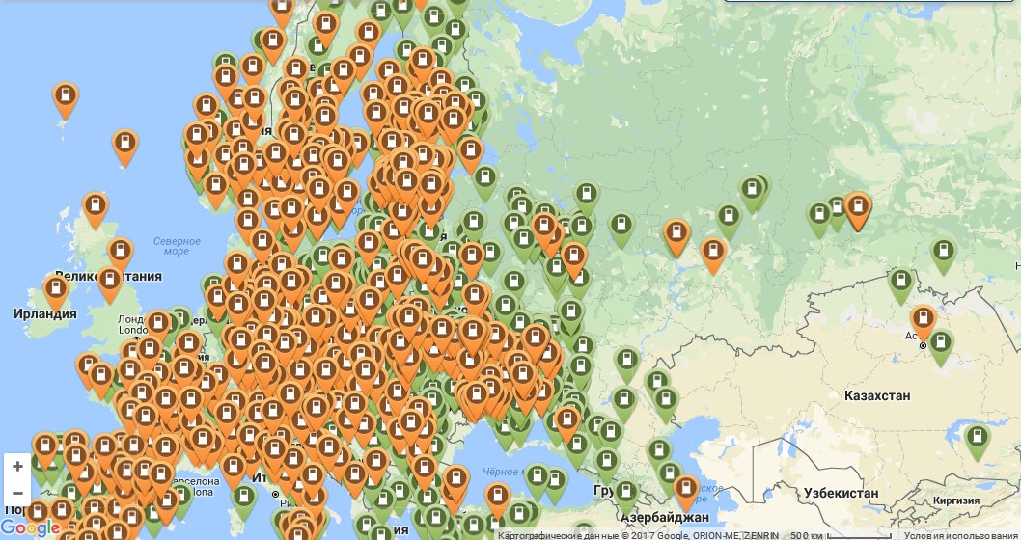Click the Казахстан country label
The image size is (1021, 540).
[x=876, y=396]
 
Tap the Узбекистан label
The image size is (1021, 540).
[x=841, y=494]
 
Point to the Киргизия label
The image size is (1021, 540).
[x=960, y=500]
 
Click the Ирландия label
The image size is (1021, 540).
[x=44, y=314]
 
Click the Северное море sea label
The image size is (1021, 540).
[x=177, y=246]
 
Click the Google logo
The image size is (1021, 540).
[x=30, y=528]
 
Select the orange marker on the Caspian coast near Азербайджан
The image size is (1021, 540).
[x=685, y=490]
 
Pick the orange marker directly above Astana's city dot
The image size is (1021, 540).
[x=923, y=320]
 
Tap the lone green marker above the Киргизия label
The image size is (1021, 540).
[x=978, y=440]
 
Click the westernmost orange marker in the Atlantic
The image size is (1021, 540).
[x=65, y=97]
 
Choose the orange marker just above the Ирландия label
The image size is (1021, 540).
[x=57, y=289]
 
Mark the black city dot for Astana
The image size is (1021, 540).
[x=923, y=345]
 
